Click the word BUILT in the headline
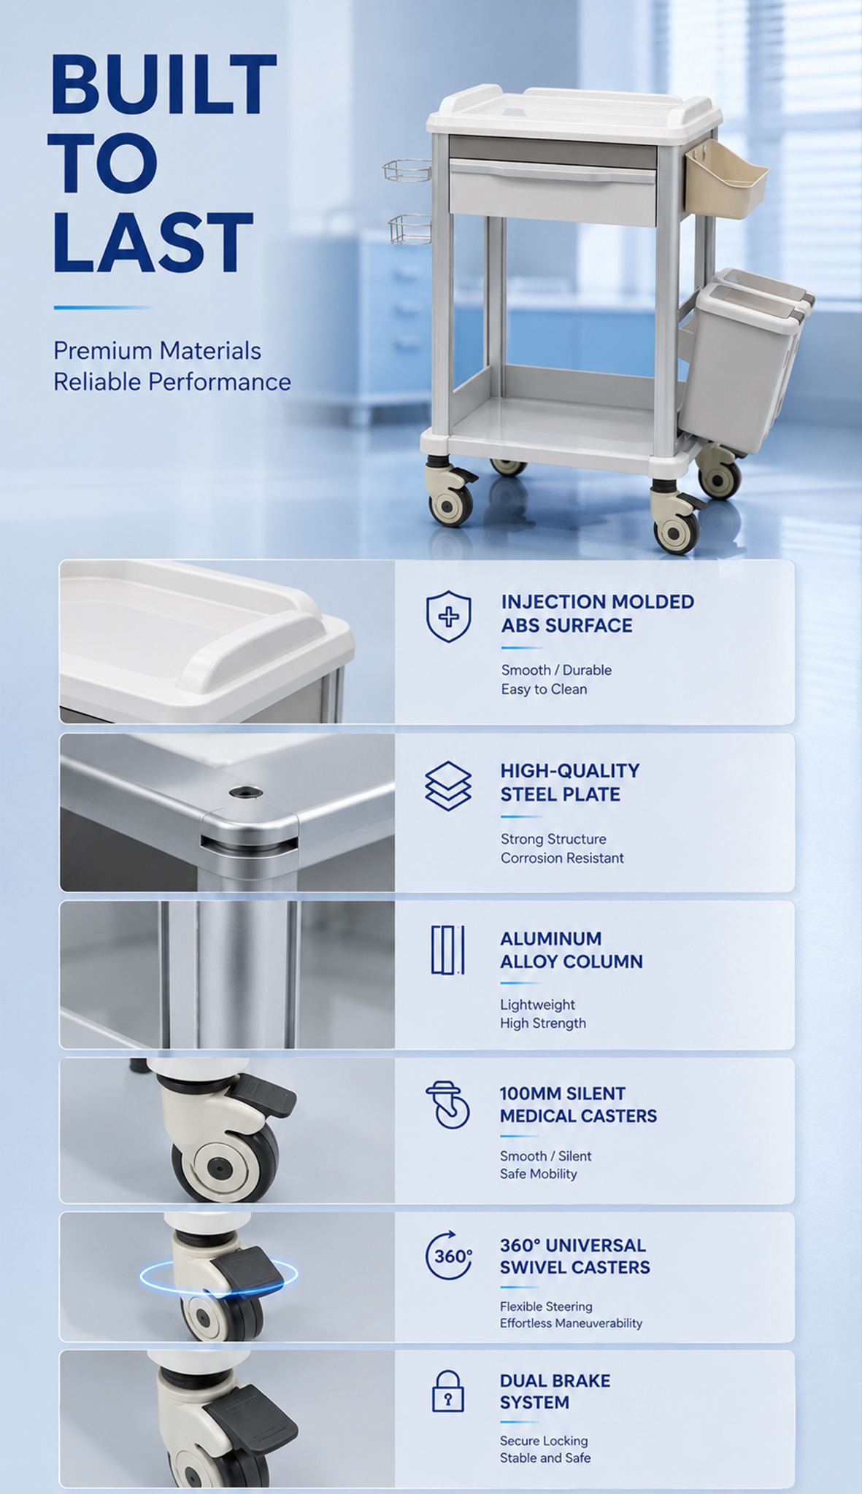pyautogui.click(x=163, y=85)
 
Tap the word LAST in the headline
pyautogui.click(x=153, y=242)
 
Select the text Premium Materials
pyautogui.click(x=157, y=351)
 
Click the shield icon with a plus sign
pyautogui.click(x=448, y=616)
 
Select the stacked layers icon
pyautogui.click(x=448, y=786)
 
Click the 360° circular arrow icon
pyautogui.click(x=448, y=1255)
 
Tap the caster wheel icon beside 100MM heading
pyautogui.click(x=447, y=1104)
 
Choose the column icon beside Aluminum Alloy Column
pyautogui.click(x=447, y=950)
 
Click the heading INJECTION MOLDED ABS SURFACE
pyautogui.click(x=597, y=614)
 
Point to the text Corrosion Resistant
pyautogui.click(x=562, y=858)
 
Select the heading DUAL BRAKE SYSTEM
pyautogui.click(x=555, y=1391)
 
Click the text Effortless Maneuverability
pyautogui.click(x=571, y=1323)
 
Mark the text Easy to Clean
pyautogui.click(x=544, y=689)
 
